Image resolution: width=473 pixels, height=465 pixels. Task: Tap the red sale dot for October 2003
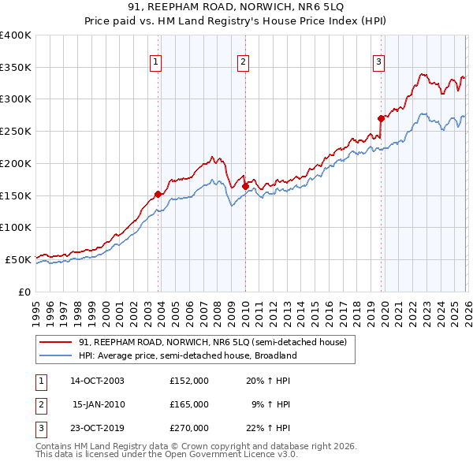(158, 194)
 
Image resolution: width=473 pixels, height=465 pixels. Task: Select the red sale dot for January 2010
(245, 186)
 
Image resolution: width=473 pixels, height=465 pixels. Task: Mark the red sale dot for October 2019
(382, 119)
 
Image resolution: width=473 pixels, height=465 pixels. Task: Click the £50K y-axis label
(17, 259)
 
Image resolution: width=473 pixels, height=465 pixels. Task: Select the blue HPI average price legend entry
(187, 355)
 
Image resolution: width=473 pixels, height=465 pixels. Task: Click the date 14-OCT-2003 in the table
(97, 380)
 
